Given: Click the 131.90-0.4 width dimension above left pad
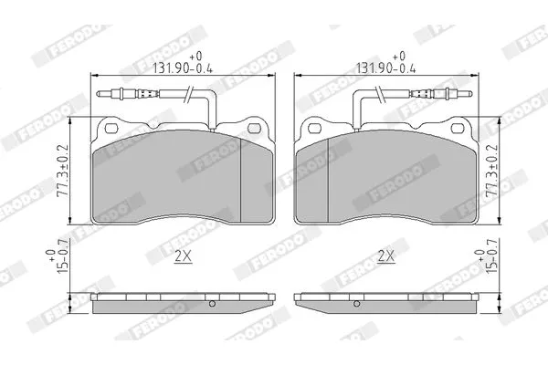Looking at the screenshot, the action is (x=183, y=63).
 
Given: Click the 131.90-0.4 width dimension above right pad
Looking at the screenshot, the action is (x=385, y=63).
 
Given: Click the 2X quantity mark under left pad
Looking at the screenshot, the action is (x=184, y=256).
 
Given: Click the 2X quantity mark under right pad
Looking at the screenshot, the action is (x=386, y=256).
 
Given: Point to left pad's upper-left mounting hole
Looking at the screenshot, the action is (x=111, y=129).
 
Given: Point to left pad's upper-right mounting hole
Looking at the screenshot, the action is (x=254, y=129).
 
